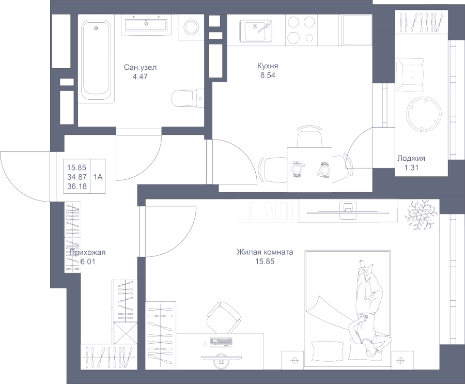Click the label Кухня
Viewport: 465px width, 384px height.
click(268, 67)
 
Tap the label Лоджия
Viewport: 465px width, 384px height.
click(412, 159)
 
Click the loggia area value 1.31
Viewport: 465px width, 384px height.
click(412, 168)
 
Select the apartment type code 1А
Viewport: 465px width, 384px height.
click(98, 177)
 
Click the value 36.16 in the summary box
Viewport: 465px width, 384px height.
click(76, 186)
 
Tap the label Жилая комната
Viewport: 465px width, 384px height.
click(265, 253)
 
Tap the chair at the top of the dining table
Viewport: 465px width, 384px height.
click(309, 138)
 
